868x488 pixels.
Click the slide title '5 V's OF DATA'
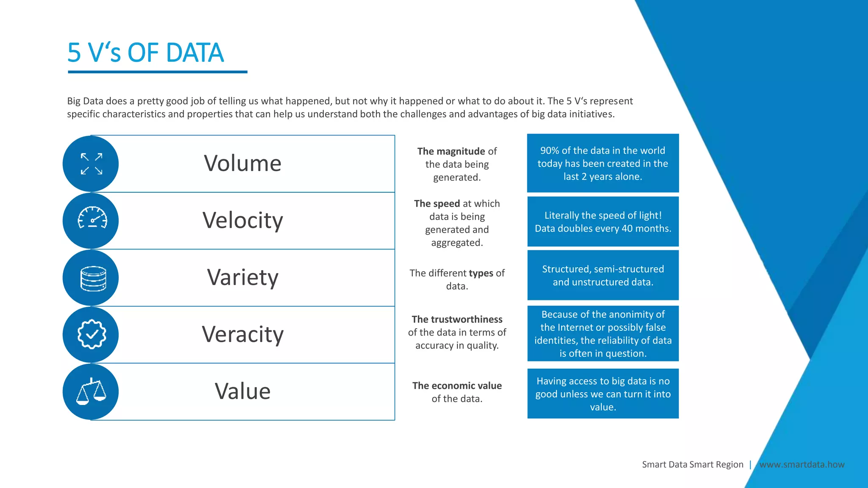[145, 53]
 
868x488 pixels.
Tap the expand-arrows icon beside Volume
[92, 164]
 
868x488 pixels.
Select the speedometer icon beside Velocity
[92, 219]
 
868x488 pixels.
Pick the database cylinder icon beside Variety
[93, 278]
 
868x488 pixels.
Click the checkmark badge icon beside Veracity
[92, 335]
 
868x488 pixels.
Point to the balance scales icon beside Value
[91, 391]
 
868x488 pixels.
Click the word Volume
[242, 164]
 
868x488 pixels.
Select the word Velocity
[242, 221]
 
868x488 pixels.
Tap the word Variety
[242, 278]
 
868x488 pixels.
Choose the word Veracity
[242, 335]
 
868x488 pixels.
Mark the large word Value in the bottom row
[242, 391]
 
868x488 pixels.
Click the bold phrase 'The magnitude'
[451, 151]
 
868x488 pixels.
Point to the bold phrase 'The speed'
[437, 204]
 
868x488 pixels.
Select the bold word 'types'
[481, 273]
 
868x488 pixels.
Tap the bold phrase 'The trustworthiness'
[457, 319]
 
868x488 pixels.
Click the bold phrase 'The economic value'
[457, 386]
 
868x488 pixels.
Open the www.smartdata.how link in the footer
[802, 465]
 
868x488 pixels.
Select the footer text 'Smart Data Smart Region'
[693, 465]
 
